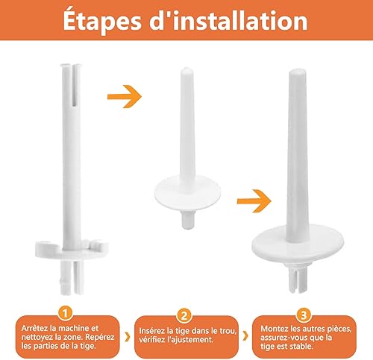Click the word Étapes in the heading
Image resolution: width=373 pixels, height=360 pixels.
pos(102,21)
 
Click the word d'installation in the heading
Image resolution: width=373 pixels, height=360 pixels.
pos(228,20)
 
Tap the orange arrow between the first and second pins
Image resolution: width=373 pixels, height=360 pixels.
pos(125,96)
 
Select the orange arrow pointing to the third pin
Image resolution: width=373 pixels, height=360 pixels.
pos(254,201)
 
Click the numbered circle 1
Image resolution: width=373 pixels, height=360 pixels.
pos(65,313)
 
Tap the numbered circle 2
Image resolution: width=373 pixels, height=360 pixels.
pos(184,316)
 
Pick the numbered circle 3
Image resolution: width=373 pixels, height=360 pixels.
pos(304,315)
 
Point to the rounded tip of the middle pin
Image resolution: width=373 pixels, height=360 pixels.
pos(186,72)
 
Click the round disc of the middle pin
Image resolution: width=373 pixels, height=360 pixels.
pos(187,193)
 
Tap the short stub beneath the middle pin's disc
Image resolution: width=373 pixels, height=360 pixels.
pos(187,220)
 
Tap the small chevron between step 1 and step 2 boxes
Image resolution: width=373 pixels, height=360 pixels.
pos(128,337)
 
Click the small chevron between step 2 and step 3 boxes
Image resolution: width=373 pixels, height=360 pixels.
pos(245,336)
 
